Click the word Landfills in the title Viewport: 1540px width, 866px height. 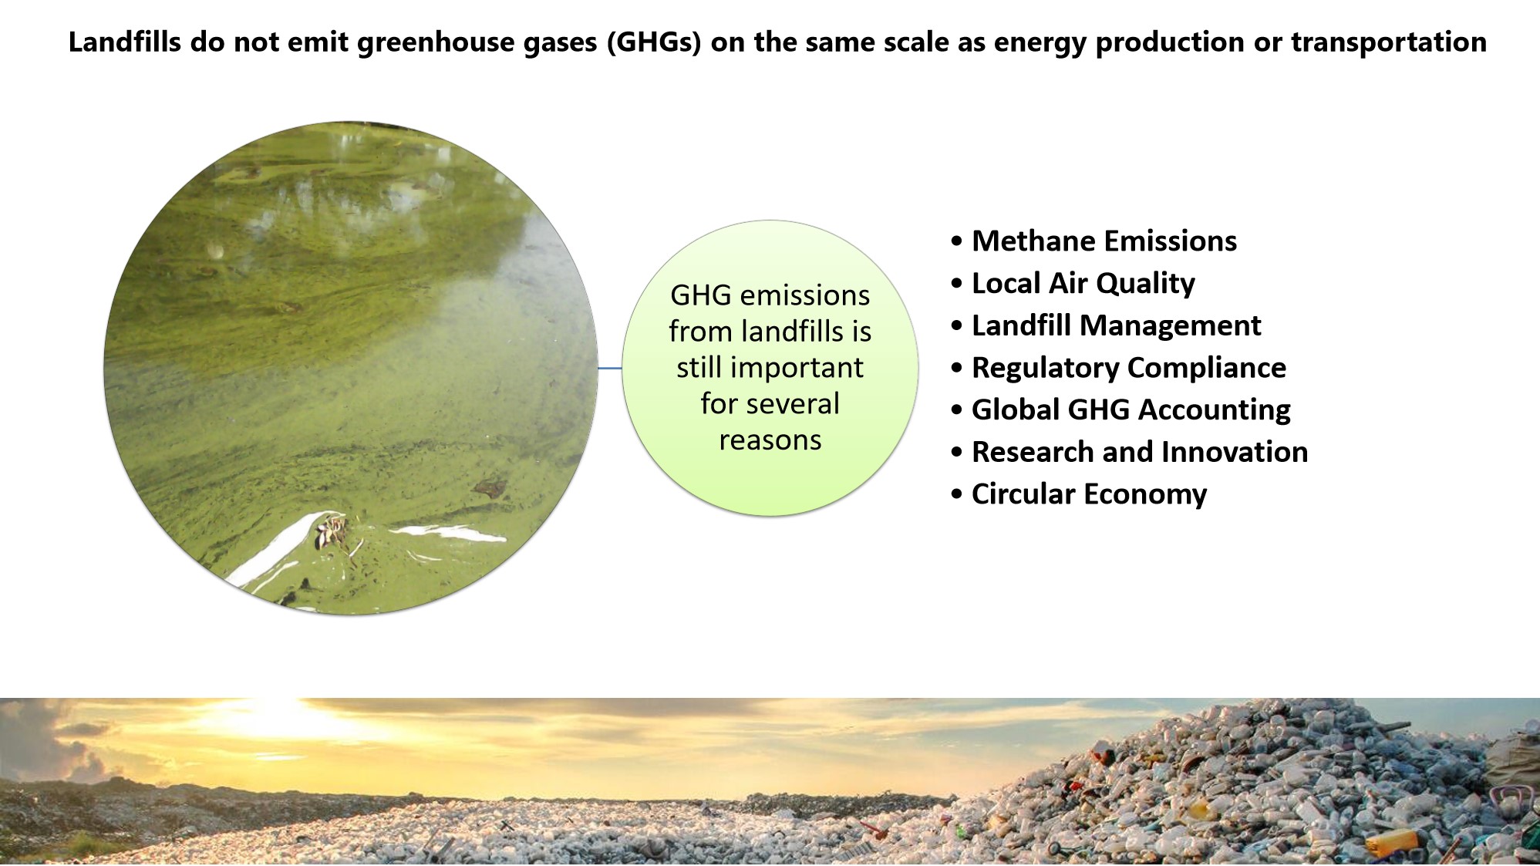(125, 42)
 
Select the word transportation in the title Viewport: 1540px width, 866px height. (1389, 42)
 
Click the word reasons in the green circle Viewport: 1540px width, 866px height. (770, 440)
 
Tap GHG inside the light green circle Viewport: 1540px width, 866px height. (700, 295)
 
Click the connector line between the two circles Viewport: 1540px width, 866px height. (610, 369)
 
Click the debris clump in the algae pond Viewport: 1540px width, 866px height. (333, 532)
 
